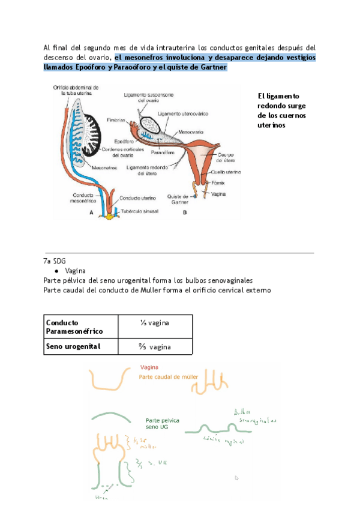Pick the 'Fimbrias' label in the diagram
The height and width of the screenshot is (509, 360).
pyautogui.click(x=116, y=120)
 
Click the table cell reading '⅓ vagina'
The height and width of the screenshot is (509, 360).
pyautogui.click(x=155, y=323)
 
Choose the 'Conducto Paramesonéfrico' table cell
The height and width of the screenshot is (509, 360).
pyautogui.click(x=74, y=327)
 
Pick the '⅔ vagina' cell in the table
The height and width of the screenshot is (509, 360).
pyautogui.click(x=155, y=346)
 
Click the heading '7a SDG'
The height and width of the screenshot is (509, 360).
pyautogui.click(x=55, y=261)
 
